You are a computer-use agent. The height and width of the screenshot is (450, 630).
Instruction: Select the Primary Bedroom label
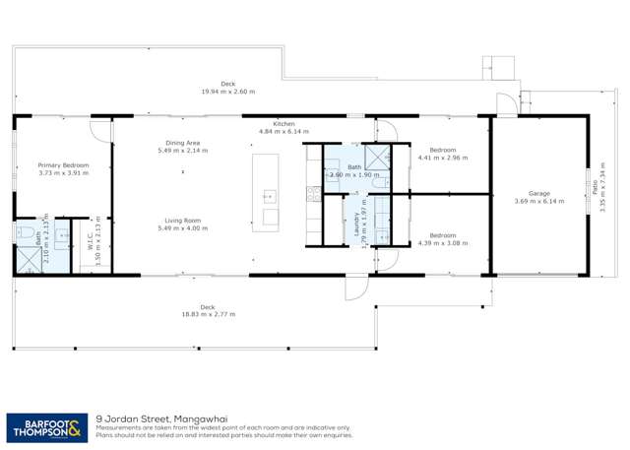coord(63,165)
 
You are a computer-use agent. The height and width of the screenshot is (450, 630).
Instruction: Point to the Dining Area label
coord(183,144)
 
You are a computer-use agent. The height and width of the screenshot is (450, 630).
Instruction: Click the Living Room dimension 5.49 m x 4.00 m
coord(183,228)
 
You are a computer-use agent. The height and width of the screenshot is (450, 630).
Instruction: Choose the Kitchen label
coord(283,123)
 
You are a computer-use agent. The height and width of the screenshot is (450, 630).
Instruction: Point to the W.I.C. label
coord(90,242)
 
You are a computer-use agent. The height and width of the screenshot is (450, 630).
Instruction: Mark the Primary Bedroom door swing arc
coord(99,128)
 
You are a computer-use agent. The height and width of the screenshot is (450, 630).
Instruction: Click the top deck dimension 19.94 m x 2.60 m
coord(228,92)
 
